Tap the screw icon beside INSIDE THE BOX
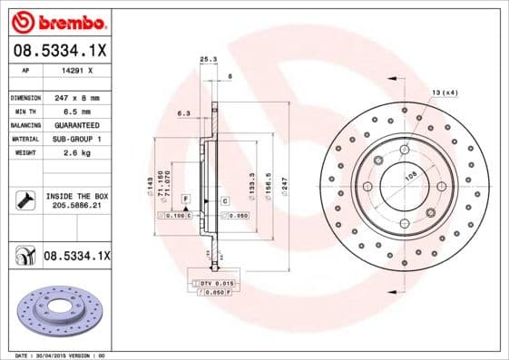pyautogui.click(x=24, y=200)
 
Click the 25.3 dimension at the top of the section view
pyautogui.click(x=208, y=60)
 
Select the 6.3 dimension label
pyautogui.click(x=183, y=113)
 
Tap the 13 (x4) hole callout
pyautogui.click(x=444, y=93)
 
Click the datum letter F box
pyautogui.click(x=185, y=198)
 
